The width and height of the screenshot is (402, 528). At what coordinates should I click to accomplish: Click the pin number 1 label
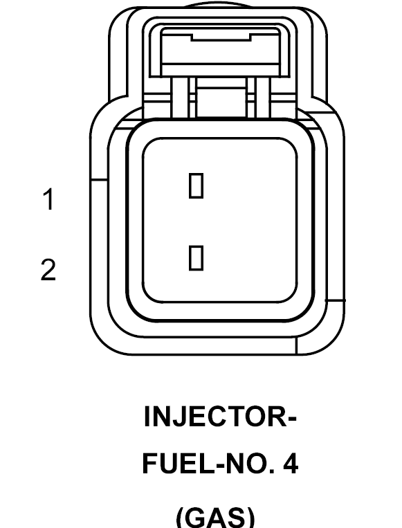pyautogui.click(x=49, y=199)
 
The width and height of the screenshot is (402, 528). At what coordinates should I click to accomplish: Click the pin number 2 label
pyautogui.click(x=48, y=269)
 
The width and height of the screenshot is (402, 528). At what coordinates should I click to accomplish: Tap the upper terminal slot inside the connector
pyautogui.click(x=196, y=185)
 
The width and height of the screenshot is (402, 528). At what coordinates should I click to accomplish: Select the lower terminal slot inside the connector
pyautogui.click(x=196, y=258)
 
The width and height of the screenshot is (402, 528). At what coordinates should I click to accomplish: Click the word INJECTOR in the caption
pyautogui.click(x=216, y=416)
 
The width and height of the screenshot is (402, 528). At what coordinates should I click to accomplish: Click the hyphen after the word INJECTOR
pyautogui.click(x=292, y=419)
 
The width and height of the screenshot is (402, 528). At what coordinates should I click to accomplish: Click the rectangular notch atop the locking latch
pyautogui.click(x=221, y=37)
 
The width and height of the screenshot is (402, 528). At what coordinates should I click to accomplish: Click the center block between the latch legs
pyautogui.click(x=221, y=102)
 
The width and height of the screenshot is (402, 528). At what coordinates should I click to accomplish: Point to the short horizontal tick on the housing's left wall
pyautogui.click(x=99, y=180)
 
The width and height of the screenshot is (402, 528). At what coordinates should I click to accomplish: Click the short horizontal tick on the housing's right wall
pyautogui.click(x=335, y=300)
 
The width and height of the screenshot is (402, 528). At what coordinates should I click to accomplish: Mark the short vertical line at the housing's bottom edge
pyautogui.click(x=296, y=345)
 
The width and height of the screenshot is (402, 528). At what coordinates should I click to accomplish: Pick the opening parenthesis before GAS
pyautogui.click(x=181, y=517)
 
